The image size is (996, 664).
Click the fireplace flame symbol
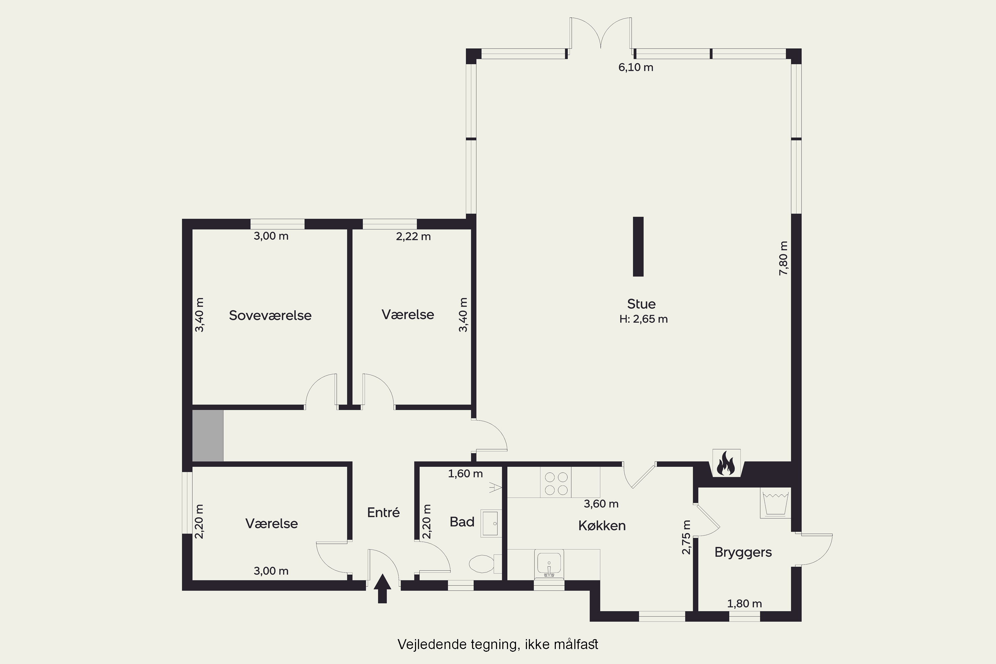tap(726, 463)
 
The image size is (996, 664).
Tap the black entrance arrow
tap(382, 588)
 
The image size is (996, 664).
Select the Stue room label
tap(641, 304)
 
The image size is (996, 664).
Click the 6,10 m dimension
tap(636, 67)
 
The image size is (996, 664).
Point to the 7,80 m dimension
tap(784, 258)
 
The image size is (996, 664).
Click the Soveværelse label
tap(270, 315)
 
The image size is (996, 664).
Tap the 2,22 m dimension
tap(413, 237)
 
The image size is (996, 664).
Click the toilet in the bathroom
tap(485, 564)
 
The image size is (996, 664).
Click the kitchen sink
tap(549, 564)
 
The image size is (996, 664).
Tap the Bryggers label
tap(743, 553)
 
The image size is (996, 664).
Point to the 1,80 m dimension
tap(744, 604)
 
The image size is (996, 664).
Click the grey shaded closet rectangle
tap(207, 435)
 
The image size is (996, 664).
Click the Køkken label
tap(602, 526)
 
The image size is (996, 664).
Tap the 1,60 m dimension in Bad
tap(465, 473)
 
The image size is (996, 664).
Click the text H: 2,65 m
tap(643, 319)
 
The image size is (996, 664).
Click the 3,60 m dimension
tap(601, 504)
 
